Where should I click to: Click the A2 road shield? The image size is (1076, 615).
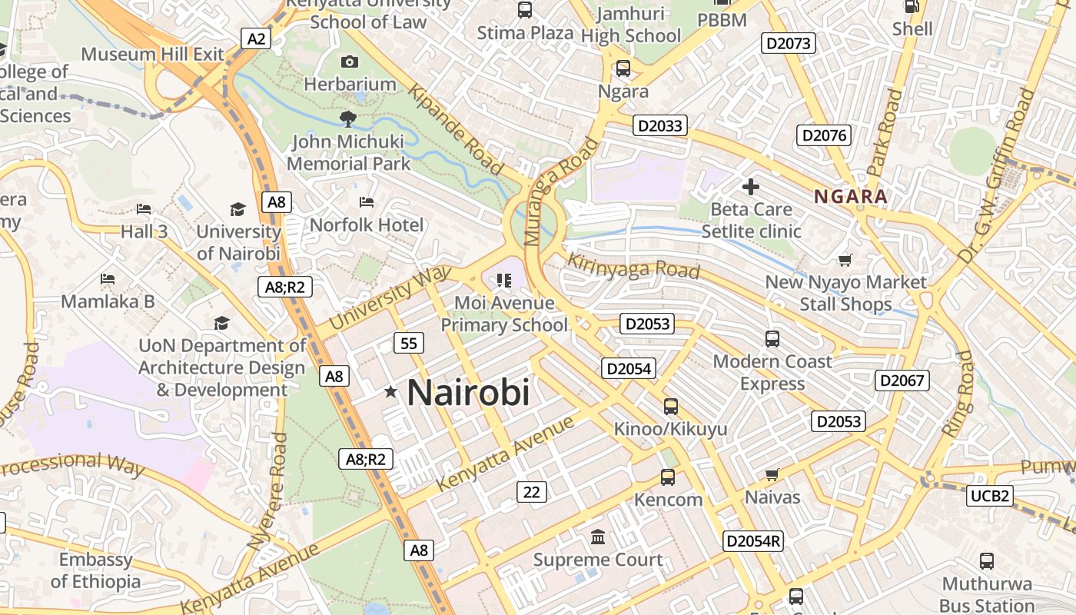pos(257,38)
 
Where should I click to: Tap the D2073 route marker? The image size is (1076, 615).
pos(789,43)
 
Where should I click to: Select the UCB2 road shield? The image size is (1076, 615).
pos(990,496)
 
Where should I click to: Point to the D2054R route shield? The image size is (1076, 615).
pos(754,541)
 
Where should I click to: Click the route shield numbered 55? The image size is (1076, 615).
pos(408,343)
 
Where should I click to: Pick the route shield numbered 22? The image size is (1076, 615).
pos(531,492)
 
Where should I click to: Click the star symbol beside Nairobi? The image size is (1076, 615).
pos(391,392)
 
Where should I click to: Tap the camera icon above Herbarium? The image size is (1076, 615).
pos(350,61)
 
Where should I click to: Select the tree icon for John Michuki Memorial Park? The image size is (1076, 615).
pos(348,118)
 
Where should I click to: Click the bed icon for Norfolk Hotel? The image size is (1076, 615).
pos(367,202)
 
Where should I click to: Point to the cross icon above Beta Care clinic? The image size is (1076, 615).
pos(751,186)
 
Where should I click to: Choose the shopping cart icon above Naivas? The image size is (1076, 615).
pos(772,475)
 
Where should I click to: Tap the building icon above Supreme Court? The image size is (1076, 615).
pos(598,537)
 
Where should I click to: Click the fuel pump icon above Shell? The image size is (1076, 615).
pos(912,6)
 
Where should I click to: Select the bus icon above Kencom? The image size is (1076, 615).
pos(668,477)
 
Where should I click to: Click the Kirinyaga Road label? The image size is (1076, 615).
pos(633,266)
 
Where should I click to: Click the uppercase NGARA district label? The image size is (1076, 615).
pos(851,196)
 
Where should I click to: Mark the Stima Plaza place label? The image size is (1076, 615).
pos(525,32)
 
